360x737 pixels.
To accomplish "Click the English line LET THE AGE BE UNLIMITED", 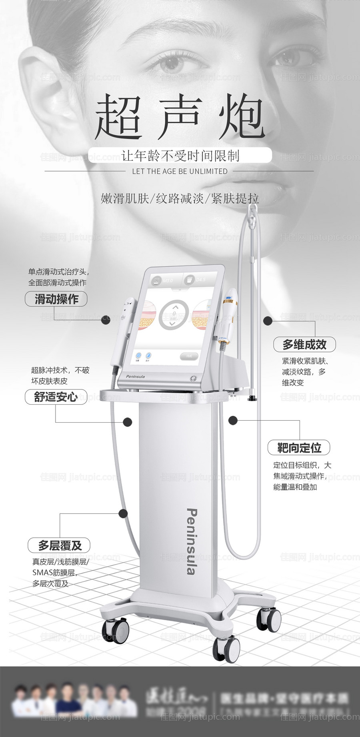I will click(x=180, y=171).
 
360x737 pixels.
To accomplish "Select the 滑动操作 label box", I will click(x=56, y=299).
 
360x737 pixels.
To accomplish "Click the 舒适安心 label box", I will click(x=56, y=397).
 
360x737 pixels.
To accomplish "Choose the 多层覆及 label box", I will click(x=59, y=545).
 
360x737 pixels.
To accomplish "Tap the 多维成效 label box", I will click(x=304, y=344).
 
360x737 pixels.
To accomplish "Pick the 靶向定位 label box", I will click(x=299, y=447).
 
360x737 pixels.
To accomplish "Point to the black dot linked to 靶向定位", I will click(x=233, y=420).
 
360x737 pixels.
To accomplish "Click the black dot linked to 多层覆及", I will click(x=123, y=513).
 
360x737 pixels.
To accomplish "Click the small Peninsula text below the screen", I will click(x=135, y=376).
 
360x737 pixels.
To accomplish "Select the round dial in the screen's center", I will click(x=174, y=316).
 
